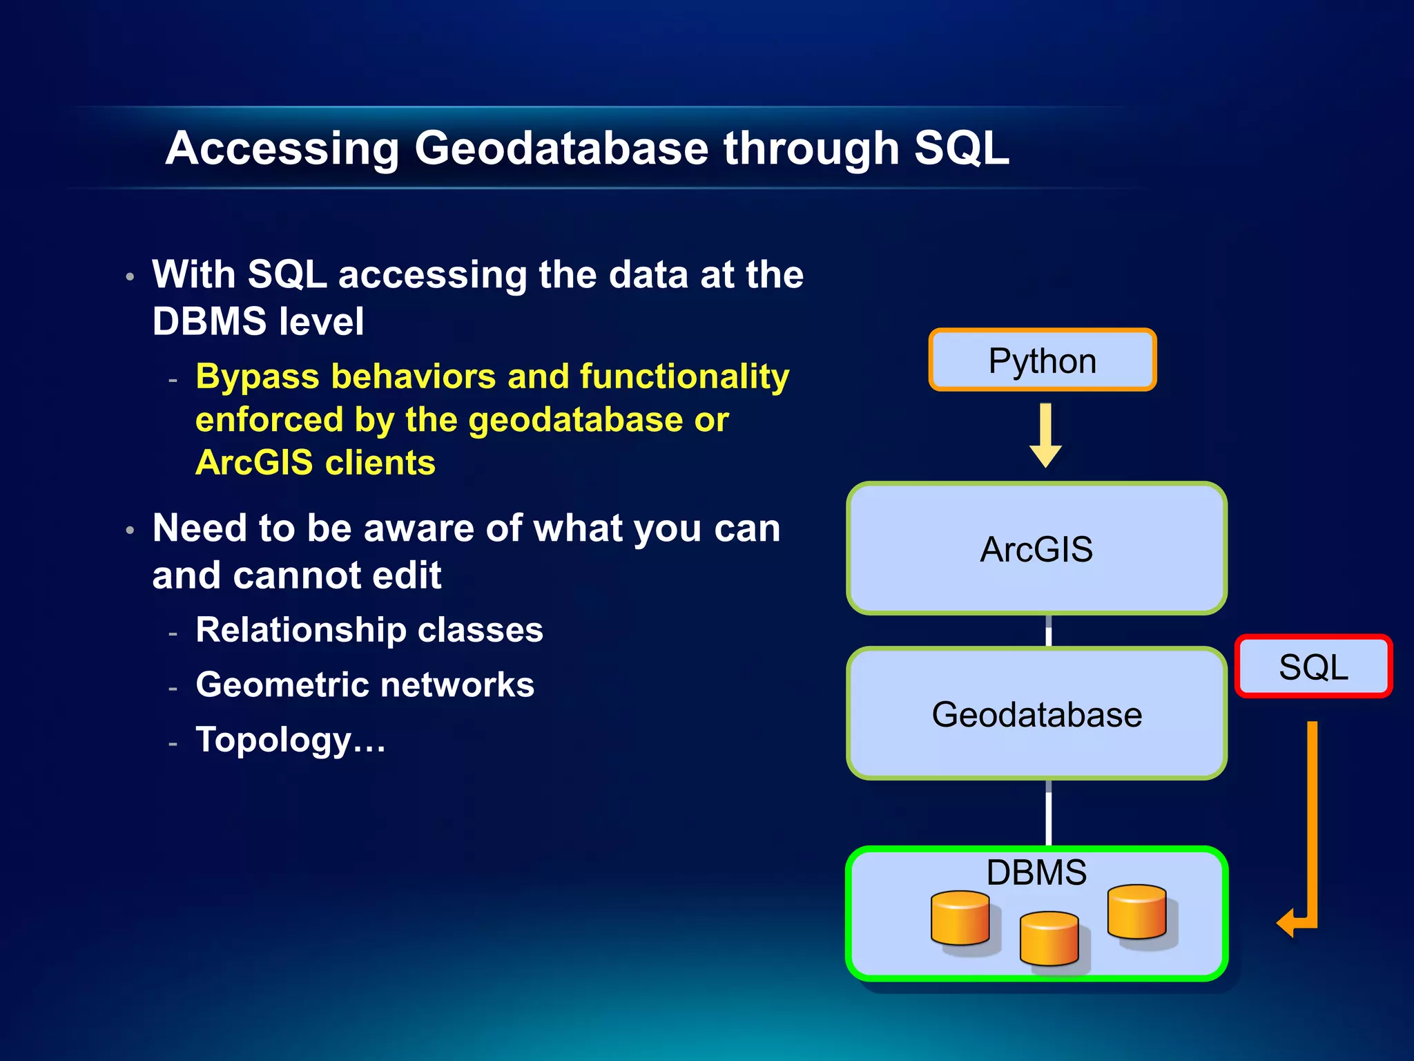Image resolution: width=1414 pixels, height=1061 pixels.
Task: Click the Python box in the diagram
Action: click(1042, 360)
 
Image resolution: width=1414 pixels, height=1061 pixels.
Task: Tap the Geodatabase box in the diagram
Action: click(1036, 714)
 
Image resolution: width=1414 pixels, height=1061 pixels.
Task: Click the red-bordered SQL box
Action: click(1313, 667)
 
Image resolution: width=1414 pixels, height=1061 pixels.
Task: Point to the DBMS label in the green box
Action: click(1036, 872)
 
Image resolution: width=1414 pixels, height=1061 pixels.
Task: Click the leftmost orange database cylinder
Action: click(960, 918)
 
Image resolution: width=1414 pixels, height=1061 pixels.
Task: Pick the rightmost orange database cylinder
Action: click(1136, 912)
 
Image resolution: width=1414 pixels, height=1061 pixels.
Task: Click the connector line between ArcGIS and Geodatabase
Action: click(1049, 630)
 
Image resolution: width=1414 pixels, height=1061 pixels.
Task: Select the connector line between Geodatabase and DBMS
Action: click(1049, 813)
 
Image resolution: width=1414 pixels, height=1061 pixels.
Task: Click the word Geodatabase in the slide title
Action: click(561, 149)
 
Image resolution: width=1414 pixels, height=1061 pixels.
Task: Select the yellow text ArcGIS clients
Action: click(316, 463)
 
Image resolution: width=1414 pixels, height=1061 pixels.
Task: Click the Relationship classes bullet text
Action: click(369, 630)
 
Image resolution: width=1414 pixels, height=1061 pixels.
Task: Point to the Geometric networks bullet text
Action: click(365, 685)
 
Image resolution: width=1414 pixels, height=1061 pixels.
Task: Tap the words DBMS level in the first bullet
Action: click(258, 321)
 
